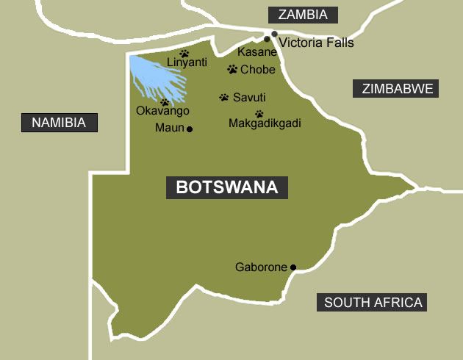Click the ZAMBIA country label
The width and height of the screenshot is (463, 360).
point(303,15)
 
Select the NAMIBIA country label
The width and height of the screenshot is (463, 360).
point(64,122)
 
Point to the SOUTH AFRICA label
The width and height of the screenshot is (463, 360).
point(373,302)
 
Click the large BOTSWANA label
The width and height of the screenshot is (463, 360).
point(227,187)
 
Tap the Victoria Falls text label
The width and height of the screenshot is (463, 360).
point(317,43)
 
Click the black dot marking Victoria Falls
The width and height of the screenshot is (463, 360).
point(274,34)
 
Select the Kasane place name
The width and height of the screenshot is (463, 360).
point(257,53)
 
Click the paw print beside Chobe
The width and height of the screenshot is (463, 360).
point(232,70)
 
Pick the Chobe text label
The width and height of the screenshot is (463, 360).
point(258,70)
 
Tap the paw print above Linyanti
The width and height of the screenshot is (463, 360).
point(184,53)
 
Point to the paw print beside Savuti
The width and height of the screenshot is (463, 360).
point(223,97)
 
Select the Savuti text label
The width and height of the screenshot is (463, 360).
point(249,97)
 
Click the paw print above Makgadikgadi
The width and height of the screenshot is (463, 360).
point(259,114)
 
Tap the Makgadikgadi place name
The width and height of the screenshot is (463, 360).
point(265,123)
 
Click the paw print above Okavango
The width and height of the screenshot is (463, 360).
point(165,103)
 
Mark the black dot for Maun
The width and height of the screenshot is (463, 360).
point(190,129)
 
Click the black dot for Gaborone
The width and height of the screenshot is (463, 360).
point(292,267)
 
